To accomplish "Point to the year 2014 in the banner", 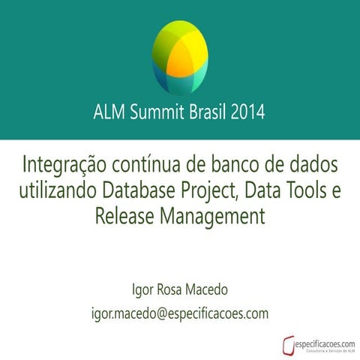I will [248, 113].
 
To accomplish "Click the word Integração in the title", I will [65, 163].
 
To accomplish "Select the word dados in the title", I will [312, 163].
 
